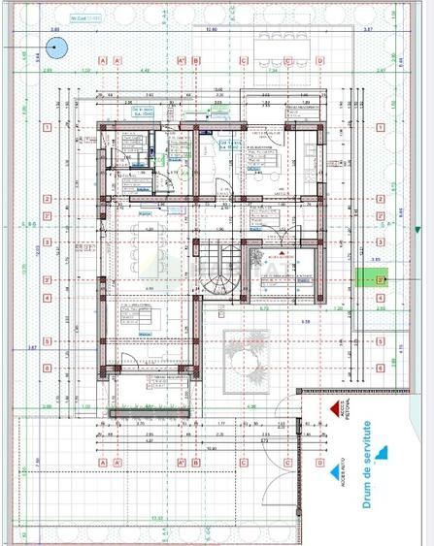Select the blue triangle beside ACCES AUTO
(x=383, y=451)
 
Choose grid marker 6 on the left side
(x=46, y=369)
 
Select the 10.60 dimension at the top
(x=211, y=30)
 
